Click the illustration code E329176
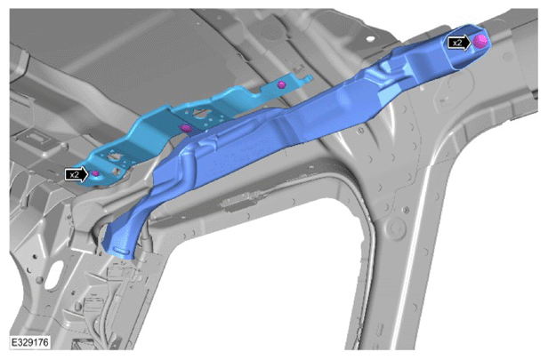29,342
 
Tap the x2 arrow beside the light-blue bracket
77,174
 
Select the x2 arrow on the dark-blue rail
460,43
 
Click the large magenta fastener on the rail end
480,41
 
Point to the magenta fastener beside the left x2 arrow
94,173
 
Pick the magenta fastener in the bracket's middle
186,128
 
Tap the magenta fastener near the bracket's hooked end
281,84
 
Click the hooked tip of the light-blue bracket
309,77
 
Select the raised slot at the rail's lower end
122,251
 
